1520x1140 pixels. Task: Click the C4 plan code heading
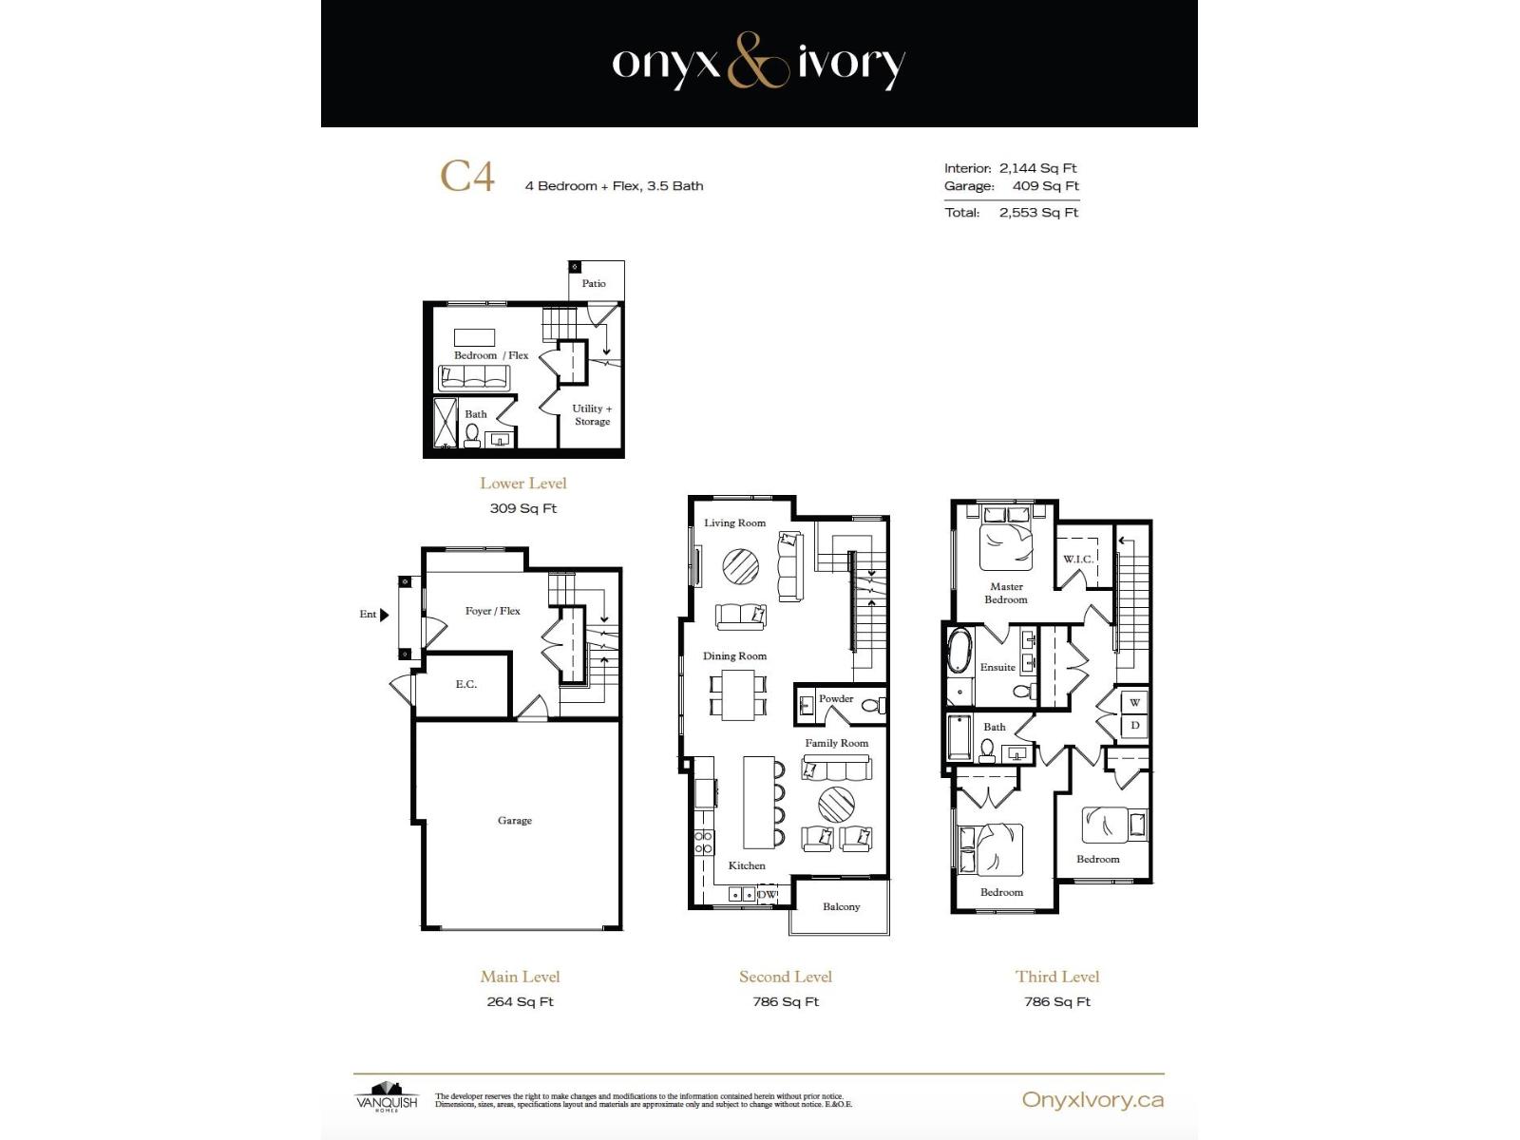click(x=466, y=177)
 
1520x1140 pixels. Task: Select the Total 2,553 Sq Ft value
click(x=1038, y=213)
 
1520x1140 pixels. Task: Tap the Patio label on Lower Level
click(x=594, y=283)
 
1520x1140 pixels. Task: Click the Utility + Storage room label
click(x=592, y=415)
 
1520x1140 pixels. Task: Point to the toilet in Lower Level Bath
click(x=472, y=435)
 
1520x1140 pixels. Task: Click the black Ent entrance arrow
click(x=384, y=615)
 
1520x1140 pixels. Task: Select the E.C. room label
click(x=465, y=684)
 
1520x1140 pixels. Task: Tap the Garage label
click(x=515, y=820)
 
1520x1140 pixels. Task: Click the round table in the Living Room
click(x=740, y=567)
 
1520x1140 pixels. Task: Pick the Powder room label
click(x=836, y=698)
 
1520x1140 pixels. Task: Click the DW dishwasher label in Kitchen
click(x=768, y=894)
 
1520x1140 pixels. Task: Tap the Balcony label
click(x=841, y=906)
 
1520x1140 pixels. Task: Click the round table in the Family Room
click(x=836, y=804)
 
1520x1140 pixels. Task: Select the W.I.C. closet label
click(x=1077, y=559)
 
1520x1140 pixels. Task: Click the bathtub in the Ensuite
click(x=959, y=651)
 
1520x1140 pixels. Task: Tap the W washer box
click(x=1134, y=703)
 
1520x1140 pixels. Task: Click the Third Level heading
click(x=1056, y=977)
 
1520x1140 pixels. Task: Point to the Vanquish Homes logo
click(x=387, y=1096)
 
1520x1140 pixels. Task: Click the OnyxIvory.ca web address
click(x=1092, y=1100)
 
